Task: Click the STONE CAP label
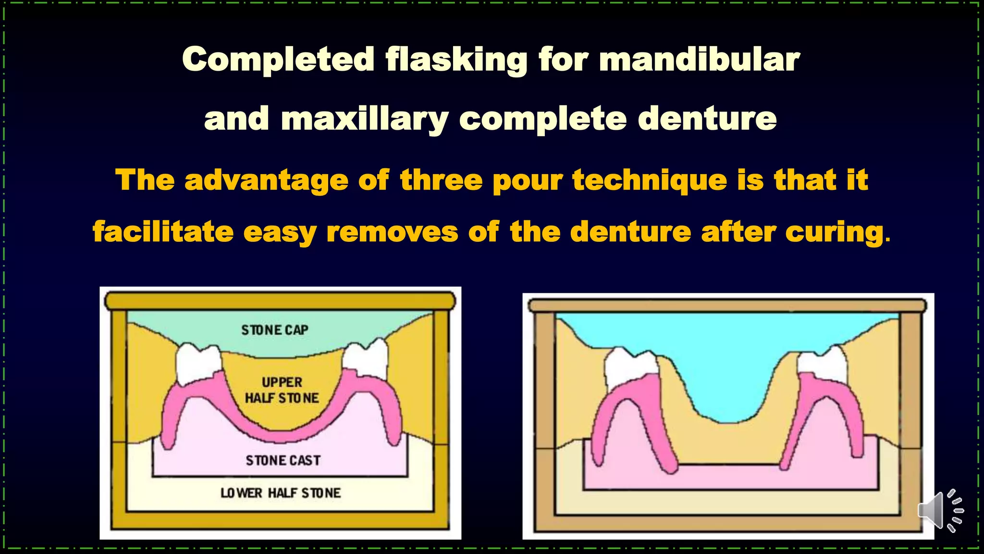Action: [x=274, y=330]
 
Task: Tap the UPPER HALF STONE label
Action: [x=282, y=390]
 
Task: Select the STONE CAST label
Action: [x=283, y=460]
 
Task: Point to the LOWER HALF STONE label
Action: [x=281, y=493]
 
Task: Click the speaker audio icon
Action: [x=939, y=511]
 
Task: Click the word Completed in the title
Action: [x=278, y=60]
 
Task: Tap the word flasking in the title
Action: [x=456, y=60]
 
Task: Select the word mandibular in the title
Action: [x=699, y=60]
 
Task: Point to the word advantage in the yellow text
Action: [x=266, y=180]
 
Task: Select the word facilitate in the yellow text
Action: [x=163, y=232]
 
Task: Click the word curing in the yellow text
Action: [x=835, y=232]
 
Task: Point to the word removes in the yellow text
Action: [x=392, y=232]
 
